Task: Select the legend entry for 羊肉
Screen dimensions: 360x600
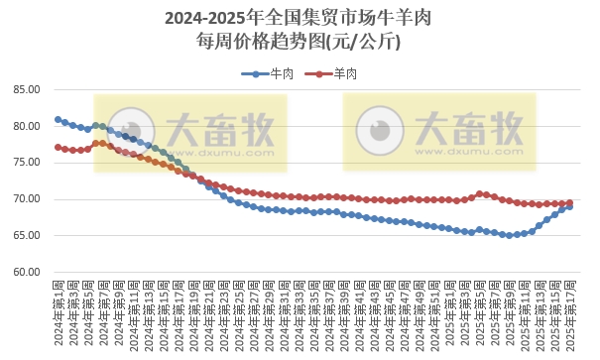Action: [344, 74]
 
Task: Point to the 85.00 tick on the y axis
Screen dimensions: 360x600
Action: [26, 90]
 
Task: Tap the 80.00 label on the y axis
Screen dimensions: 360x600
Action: [26, 127]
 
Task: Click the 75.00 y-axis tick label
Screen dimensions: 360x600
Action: [26, 163]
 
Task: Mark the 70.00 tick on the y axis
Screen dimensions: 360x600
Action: [26, 199]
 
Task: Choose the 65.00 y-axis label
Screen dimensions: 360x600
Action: [26, 236]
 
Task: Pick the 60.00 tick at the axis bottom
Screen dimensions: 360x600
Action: [26, 272]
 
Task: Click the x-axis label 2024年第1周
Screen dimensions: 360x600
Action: [58, 312]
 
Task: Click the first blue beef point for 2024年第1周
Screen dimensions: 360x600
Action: [58, 119]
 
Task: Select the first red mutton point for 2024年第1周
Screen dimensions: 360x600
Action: [58, 147]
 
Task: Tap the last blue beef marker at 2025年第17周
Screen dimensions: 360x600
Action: [569, 206]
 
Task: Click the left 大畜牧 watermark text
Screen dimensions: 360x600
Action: [220, 129]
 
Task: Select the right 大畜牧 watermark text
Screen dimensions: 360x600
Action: [469, 129]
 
